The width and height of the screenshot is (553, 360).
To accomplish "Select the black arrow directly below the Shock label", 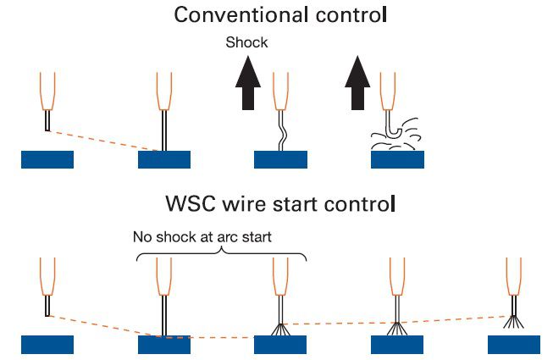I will (x=247, y=86).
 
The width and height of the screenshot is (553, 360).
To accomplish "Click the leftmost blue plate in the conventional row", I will (x=47, y=159).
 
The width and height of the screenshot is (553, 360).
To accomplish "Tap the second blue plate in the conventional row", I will (x=164, y=159).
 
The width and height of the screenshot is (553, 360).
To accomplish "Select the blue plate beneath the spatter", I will (x=397, y=159).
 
